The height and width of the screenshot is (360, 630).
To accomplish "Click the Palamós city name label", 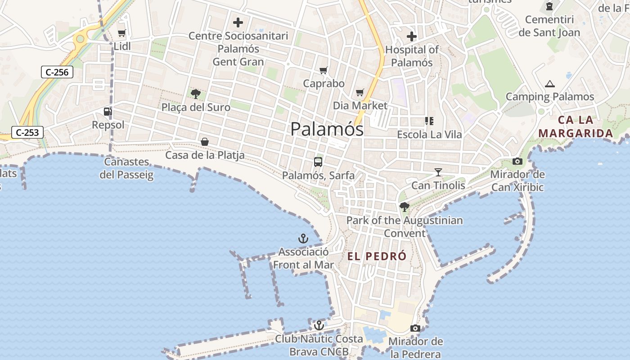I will pos(327,129).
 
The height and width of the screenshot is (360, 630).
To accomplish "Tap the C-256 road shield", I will pos(57,72).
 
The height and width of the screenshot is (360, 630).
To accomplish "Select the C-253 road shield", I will pos(27,132).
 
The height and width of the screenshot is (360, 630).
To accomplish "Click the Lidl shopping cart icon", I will pos(121,33).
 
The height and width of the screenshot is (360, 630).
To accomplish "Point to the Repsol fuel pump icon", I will pos(108,111).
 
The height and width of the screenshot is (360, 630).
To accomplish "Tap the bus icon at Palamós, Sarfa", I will pos(318,162).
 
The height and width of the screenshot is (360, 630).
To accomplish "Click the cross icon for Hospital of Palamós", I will pos(412,36).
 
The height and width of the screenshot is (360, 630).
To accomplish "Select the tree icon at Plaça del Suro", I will pos(196,94).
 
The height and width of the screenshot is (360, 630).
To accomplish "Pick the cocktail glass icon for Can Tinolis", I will pos(438,172).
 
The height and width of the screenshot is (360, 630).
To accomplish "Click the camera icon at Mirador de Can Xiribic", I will pos(517,161).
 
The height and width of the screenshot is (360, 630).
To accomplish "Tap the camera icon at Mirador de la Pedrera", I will pos(415,328).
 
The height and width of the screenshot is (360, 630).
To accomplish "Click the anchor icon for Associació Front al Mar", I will pos(303,238).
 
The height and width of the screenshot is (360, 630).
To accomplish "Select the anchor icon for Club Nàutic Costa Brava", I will pos(319,325).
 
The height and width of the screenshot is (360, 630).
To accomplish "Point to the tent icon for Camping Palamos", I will pos(549,84).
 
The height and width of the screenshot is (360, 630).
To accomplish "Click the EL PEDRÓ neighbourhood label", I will pos(377,256).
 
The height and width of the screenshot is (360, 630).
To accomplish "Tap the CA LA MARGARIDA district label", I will pos(576,127).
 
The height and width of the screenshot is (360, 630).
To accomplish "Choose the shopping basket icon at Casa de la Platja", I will pos(205,142).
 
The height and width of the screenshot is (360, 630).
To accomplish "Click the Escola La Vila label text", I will pos(429,135).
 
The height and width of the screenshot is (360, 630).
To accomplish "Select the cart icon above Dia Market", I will pos(360,93).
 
